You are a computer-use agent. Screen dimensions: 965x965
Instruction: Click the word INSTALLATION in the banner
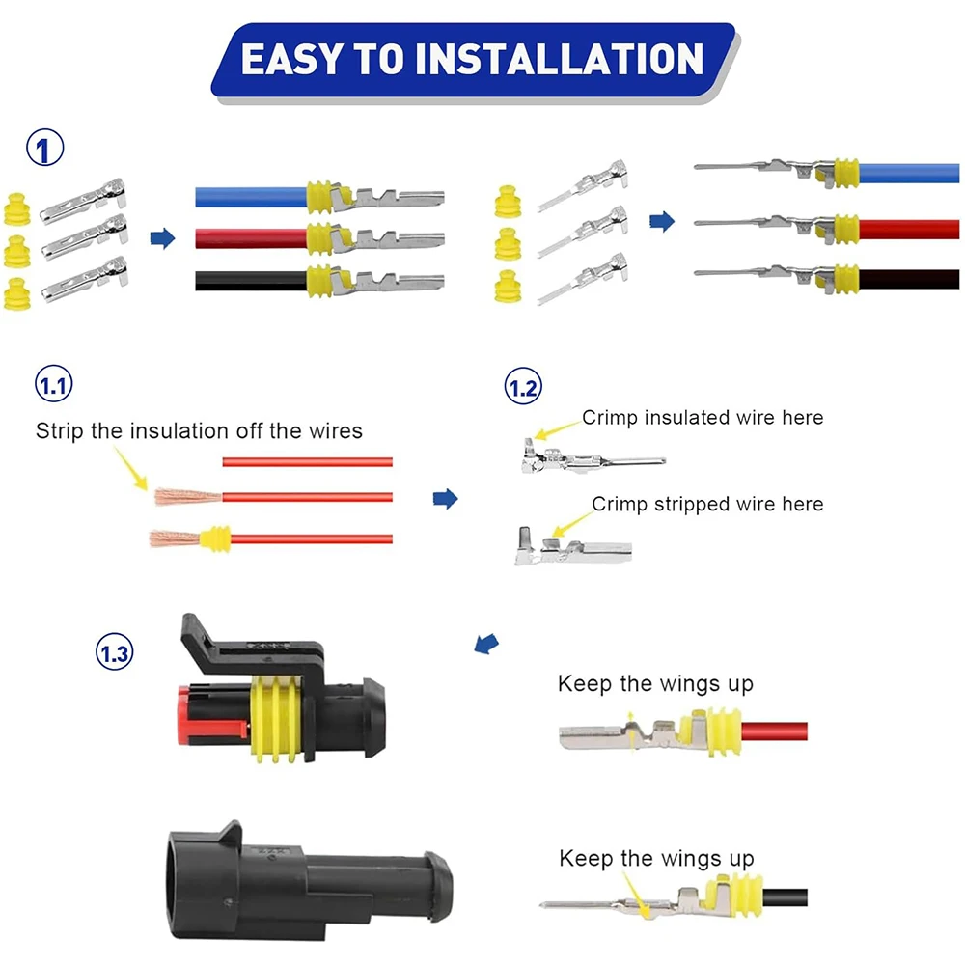click(560, 59)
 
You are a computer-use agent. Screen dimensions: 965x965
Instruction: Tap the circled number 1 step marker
click(45, 148)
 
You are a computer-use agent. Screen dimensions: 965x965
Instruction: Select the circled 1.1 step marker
click(53, 384)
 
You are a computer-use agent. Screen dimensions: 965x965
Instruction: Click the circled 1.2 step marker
click(523, 387)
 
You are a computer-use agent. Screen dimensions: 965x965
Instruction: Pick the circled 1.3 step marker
click(115, 652)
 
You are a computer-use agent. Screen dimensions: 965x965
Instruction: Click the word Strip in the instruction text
click(60, 431)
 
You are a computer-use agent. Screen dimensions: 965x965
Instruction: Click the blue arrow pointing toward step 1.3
click(486, 644)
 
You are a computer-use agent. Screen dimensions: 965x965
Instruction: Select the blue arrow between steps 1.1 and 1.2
click(446, 498)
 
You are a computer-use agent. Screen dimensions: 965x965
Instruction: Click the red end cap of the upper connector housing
click(184, 715)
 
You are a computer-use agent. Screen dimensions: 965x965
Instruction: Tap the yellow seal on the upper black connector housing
click(277, 719)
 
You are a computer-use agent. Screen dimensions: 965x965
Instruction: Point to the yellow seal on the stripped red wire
click(215, 539)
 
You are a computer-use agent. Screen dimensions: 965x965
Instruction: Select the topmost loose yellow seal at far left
click(17, 209)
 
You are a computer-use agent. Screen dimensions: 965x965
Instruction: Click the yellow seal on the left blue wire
click(319, 197)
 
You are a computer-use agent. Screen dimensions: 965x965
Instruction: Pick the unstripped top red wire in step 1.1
click(307, 462)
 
